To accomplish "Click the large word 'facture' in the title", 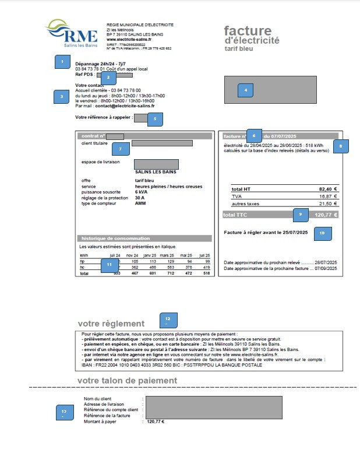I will click(x=248, y=31).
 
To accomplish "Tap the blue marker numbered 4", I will click(x=245, y=90).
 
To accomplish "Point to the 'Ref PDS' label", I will click(x=84, y=75).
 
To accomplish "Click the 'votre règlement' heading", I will click(x=111, y=324).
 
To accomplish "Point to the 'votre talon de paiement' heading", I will click(x=127, y=380).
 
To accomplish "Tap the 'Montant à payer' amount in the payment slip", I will click(x=156, y=422).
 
